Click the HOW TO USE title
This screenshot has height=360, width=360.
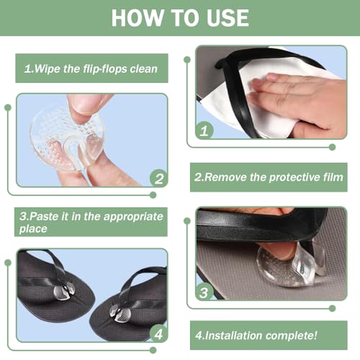click(x=180, y=17)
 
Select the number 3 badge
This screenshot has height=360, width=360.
click(x=205, y=293)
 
